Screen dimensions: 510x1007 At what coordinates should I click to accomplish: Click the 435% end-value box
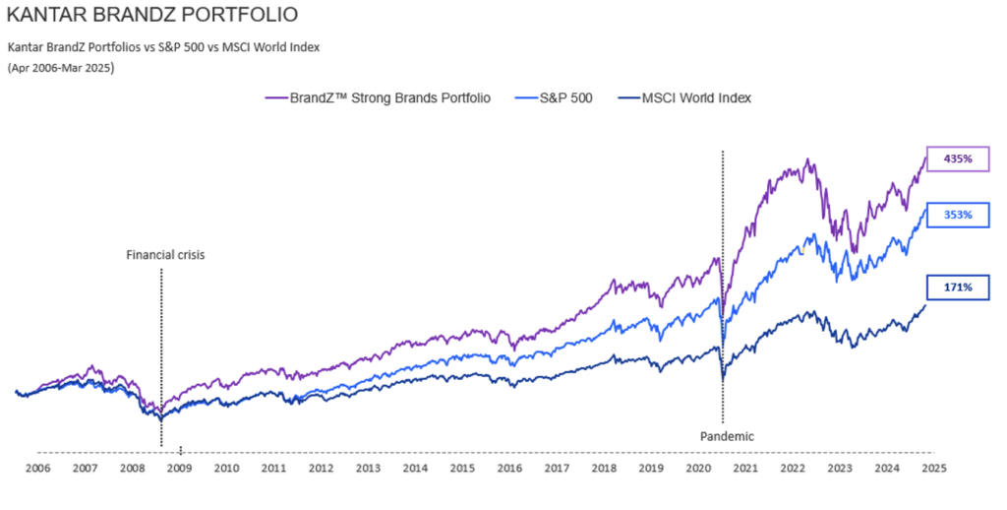coord(958,159)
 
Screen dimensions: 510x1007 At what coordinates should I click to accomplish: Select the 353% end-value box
coord(958,215)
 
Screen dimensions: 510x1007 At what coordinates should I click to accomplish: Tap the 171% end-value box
coord(958,287)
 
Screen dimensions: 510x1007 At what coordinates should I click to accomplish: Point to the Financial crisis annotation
coord(165,255)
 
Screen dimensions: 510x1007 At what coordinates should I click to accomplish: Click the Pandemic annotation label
coord(727,434)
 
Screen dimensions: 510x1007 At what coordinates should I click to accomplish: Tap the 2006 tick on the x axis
coord(37,469)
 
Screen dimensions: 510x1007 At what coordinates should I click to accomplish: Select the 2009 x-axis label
coord(179,469)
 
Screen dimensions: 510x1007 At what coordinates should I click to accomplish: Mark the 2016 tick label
coord(509,469)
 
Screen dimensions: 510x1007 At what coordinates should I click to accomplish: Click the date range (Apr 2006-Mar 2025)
coord(61,68)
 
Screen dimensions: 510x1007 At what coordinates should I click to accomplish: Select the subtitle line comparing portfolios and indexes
coord(164,46)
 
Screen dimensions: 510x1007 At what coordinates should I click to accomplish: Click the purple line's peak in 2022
coord(808,159)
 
